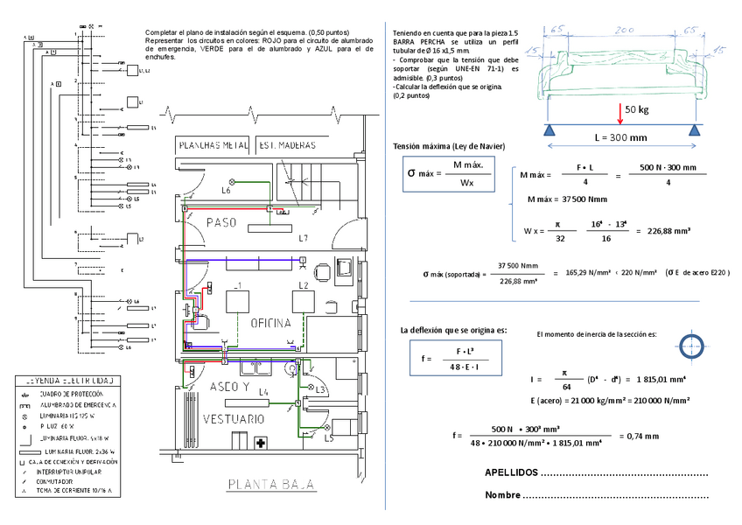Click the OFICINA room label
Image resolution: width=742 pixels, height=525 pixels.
(x=270, y=323)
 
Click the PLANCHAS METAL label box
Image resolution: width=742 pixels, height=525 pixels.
(x=213, y=145)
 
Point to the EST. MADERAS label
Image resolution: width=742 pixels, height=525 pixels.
(x=286, y=145)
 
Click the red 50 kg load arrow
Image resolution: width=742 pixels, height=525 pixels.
(x=619, y=114)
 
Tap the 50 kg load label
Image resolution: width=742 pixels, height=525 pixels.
(x=637, y=109)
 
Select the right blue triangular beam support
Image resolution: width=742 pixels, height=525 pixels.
(x=695, y=130)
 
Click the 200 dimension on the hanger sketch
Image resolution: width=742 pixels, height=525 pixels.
(x=624, y=30)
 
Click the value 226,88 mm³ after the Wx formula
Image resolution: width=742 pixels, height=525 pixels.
(x=668, y=232)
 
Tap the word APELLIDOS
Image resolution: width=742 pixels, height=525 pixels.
(x=511, y=473)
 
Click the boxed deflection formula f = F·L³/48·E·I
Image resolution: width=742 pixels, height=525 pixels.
(x=449, y=358)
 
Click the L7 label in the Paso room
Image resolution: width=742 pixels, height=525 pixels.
(x=303, y=237)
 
